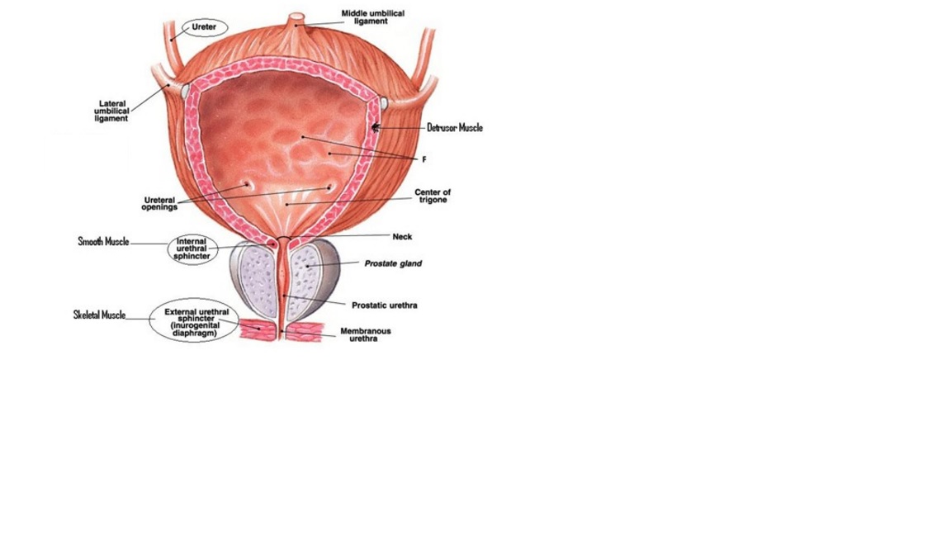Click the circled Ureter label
(x=204, y=27)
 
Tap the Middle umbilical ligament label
(x=372, y=17)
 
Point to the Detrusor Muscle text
(x=455, y=127)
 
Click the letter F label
(x=424, y=159)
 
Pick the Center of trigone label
(x=433, y=196)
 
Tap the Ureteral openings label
(x=159, y=203)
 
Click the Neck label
(x=402, y=237)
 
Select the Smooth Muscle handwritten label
(x=103, y=241)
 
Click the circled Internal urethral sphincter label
(x=192, y=249)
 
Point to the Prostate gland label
(x=393, y=263)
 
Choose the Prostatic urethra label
(x=385, y=305)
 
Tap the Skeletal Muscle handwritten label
(x=99, y=315)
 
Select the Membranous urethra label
(x=365, y=335)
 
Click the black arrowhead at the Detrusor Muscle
(x=376, y=127)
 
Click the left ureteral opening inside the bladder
(x=247, y=184)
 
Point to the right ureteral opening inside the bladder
(x=329, y=187)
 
